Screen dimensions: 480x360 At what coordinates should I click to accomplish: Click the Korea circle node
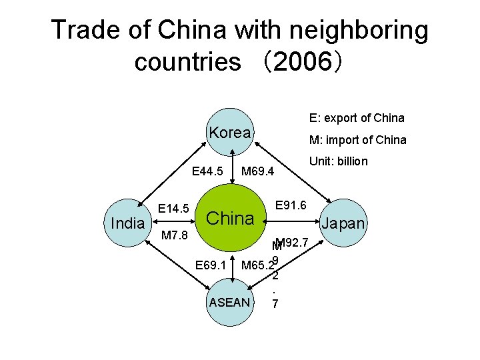[x=230, y=133]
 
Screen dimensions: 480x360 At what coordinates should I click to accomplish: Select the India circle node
[x=127, y=223]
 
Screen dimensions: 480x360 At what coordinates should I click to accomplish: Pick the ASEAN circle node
[x=230, y=302]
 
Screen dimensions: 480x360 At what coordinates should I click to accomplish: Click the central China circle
[x=230, y=218]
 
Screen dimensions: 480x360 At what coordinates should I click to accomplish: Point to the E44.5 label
[x=207, y=172]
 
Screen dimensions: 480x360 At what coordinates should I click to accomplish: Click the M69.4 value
[x=257, y=172]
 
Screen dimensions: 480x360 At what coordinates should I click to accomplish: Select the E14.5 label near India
[x=174, y=209]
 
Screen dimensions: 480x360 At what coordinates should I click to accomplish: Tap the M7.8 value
[x=174, y=236]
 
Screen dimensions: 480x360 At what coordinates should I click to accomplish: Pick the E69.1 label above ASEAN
[x=210, y=265]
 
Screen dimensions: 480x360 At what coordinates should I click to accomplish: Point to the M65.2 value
[x=257, y=265]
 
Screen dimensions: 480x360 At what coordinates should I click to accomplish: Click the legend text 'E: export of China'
[x=357, y=118]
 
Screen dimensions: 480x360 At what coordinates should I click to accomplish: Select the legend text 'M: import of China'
[x=357, y=139]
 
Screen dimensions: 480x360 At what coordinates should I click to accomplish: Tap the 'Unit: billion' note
[x=338, y=161]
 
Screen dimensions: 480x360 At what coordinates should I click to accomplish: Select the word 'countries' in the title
[x=187, y=62]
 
